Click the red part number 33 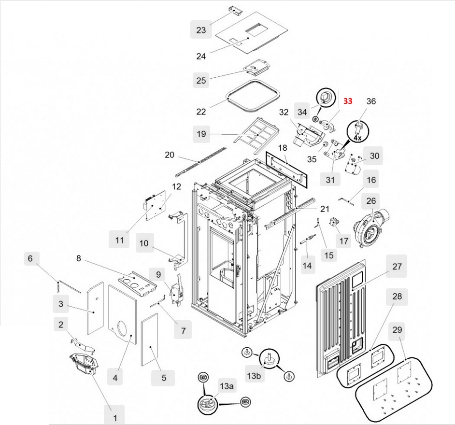tap(348, 101)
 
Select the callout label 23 tap(201, 30)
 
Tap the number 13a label tap(227, 386)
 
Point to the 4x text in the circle tap(357, 138)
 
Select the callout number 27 tap(397, 267)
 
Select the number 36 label tap(371, 101)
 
